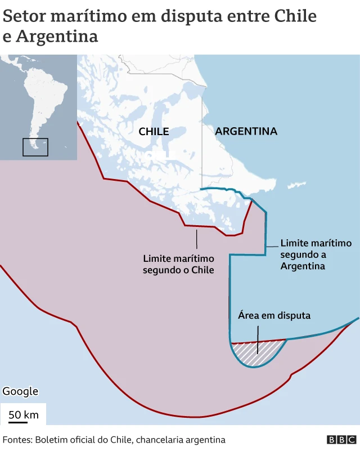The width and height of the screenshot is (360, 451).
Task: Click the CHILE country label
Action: [x=154, y=131]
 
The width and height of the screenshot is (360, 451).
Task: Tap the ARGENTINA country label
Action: [x=246, y=131]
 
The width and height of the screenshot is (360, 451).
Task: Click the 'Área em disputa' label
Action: [x=274, y=315]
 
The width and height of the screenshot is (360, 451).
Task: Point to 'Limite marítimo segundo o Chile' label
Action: [x=178, y=264]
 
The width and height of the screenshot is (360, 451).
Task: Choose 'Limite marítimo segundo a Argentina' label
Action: [x=316, y=254]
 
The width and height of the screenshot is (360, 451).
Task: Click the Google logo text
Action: [x=20, y=391]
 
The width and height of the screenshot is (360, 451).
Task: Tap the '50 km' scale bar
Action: [x=23, y=416]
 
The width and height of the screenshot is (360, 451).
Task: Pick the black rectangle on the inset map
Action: [x=35, y=147]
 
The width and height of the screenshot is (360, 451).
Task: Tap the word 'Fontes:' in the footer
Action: [x=17, y=440]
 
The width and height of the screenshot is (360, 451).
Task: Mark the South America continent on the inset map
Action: [x=42, y=101]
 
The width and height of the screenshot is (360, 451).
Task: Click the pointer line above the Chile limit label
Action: [x=196, y=239]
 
